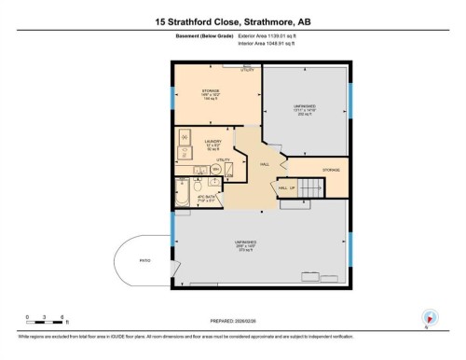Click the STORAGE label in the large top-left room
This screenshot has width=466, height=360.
coord(211,90)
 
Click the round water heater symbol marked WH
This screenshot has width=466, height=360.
coord(216,169)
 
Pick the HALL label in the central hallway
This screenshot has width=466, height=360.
coord(265,164)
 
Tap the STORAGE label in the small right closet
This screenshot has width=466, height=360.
coord(331,170)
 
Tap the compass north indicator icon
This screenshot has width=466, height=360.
coord(430,316)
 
